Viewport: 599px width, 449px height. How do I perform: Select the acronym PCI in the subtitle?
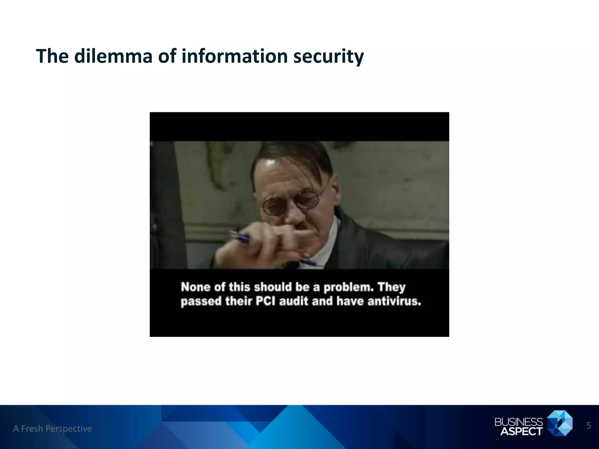coord(266,301)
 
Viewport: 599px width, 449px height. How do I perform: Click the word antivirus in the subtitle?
coord(394,301)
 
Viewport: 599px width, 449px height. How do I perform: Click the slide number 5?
coord(589,426)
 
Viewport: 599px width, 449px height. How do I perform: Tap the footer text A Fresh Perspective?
coord(53,429)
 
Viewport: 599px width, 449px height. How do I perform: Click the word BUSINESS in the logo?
coord(518,422)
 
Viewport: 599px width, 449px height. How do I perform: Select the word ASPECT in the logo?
coord(521,431)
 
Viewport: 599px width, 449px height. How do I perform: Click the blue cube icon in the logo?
coord(560,423)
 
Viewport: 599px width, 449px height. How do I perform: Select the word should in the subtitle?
coord(273,287)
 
